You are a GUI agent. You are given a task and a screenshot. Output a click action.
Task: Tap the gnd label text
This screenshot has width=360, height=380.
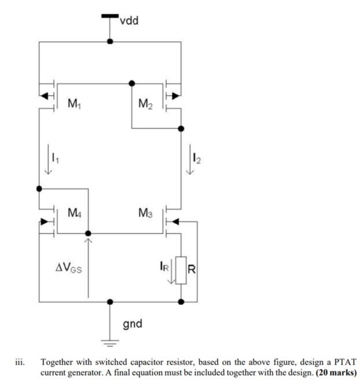[x=133, y=323]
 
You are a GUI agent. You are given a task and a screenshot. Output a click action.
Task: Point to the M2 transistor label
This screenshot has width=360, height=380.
[x=146, y=104]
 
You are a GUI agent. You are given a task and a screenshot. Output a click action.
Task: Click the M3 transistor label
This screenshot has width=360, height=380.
[x=145, y=214]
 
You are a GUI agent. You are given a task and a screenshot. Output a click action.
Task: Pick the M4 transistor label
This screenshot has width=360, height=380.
[x=74, y=214]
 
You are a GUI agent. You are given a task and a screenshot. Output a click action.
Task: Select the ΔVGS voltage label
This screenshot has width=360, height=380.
[x=68, y=268]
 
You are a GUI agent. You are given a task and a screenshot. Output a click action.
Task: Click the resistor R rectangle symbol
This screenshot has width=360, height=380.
[x=181, y=270]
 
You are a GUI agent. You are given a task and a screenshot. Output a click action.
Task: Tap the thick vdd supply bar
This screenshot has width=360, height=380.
[x=109, y=16]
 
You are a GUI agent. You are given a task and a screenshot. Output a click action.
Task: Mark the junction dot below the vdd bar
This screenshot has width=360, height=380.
[x=110, y=42]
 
